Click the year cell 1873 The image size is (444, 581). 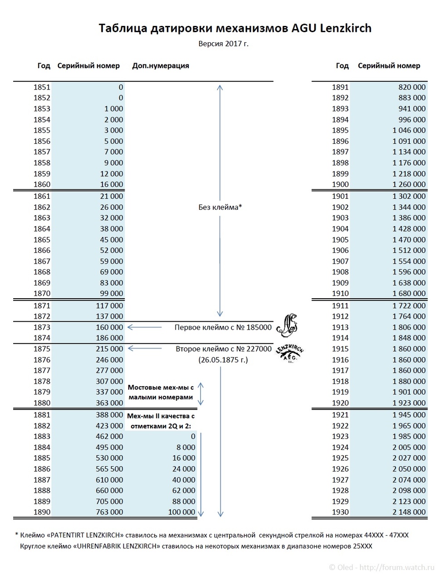pyautogui.click(x=42, y=327)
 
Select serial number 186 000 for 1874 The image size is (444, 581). pyautogui.click(x=109, y=338)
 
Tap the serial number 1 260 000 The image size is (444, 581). pyautogui.click(x=409, y=185)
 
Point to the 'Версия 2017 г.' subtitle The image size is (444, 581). pyautogui.click(x=223, y=44)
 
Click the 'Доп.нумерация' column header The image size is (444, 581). pyautogui.click(x=161, y=66)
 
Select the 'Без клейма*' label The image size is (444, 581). pyautogui.click(x=220, y=207)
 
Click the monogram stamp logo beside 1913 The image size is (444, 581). pyautogui.click(x=287, y=325)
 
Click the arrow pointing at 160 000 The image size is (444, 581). pyautogui.click(x=145, y=327)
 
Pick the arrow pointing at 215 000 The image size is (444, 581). pyautogui.click(x=145, y=349)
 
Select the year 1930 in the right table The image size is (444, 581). pyautogui.click(x=340, y=512)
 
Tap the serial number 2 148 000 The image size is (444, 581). pyautogui.click(x=409, y=512)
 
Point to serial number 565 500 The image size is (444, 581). pyautogui.click(x=109, y=469)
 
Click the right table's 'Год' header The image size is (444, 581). pyautogui.click(x=342, y=66)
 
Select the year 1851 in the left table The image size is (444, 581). pyautogui.click(x=42, y=87)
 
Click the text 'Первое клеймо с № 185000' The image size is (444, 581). pyautogui.click(x=223, y=327)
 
